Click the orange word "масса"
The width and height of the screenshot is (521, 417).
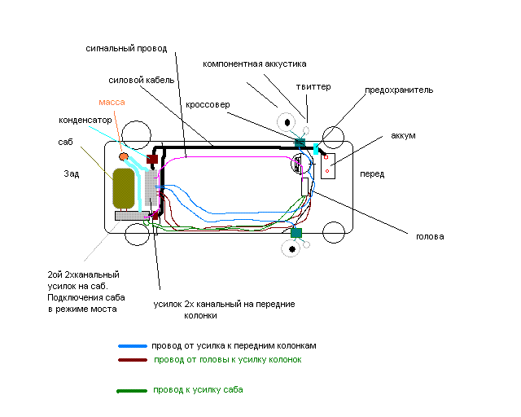tap(112, 102)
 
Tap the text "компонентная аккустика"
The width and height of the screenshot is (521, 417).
tap(255, 64)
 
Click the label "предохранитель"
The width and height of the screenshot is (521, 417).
tap(399, 90)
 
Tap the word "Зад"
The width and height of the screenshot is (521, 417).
tap(72, 173)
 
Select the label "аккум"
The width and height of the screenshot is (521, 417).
tap(403, 135)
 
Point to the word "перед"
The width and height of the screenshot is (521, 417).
tap(372, 174)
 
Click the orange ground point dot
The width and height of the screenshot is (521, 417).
tap(124, 156)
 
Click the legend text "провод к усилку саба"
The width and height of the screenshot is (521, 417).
tap(198, 390)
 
